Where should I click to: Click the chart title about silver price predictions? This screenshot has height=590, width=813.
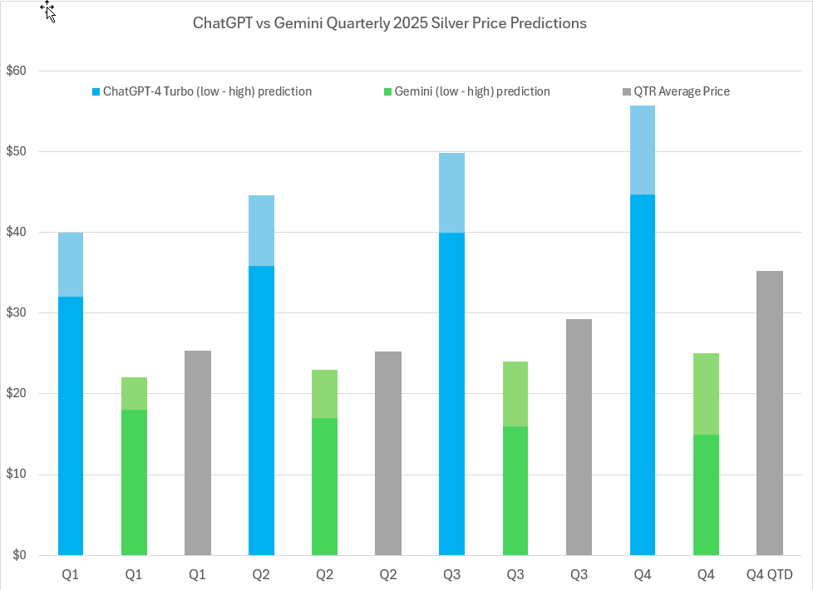coord(389,23)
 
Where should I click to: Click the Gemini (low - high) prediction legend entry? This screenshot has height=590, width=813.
coord(466,91)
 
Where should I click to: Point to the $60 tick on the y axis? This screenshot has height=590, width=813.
coord(16,71)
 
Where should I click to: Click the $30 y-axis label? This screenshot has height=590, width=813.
coord(16,313)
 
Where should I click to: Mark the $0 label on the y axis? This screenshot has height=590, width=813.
coord(19,555)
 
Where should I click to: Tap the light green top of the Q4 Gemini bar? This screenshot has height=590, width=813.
coord(706,394)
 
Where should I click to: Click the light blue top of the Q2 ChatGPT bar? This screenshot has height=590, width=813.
coord(261,230)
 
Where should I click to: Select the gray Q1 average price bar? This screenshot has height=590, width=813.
coord(197,453)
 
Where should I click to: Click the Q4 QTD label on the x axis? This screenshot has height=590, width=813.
coord(770,575)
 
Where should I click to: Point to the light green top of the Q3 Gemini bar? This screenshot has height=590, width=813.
coord(515,394)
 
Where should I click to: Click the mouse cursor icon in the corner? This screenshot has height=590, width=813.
coord(47,10)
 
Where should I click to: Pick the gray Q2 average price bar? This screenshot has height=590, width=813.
coord(388,453)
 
